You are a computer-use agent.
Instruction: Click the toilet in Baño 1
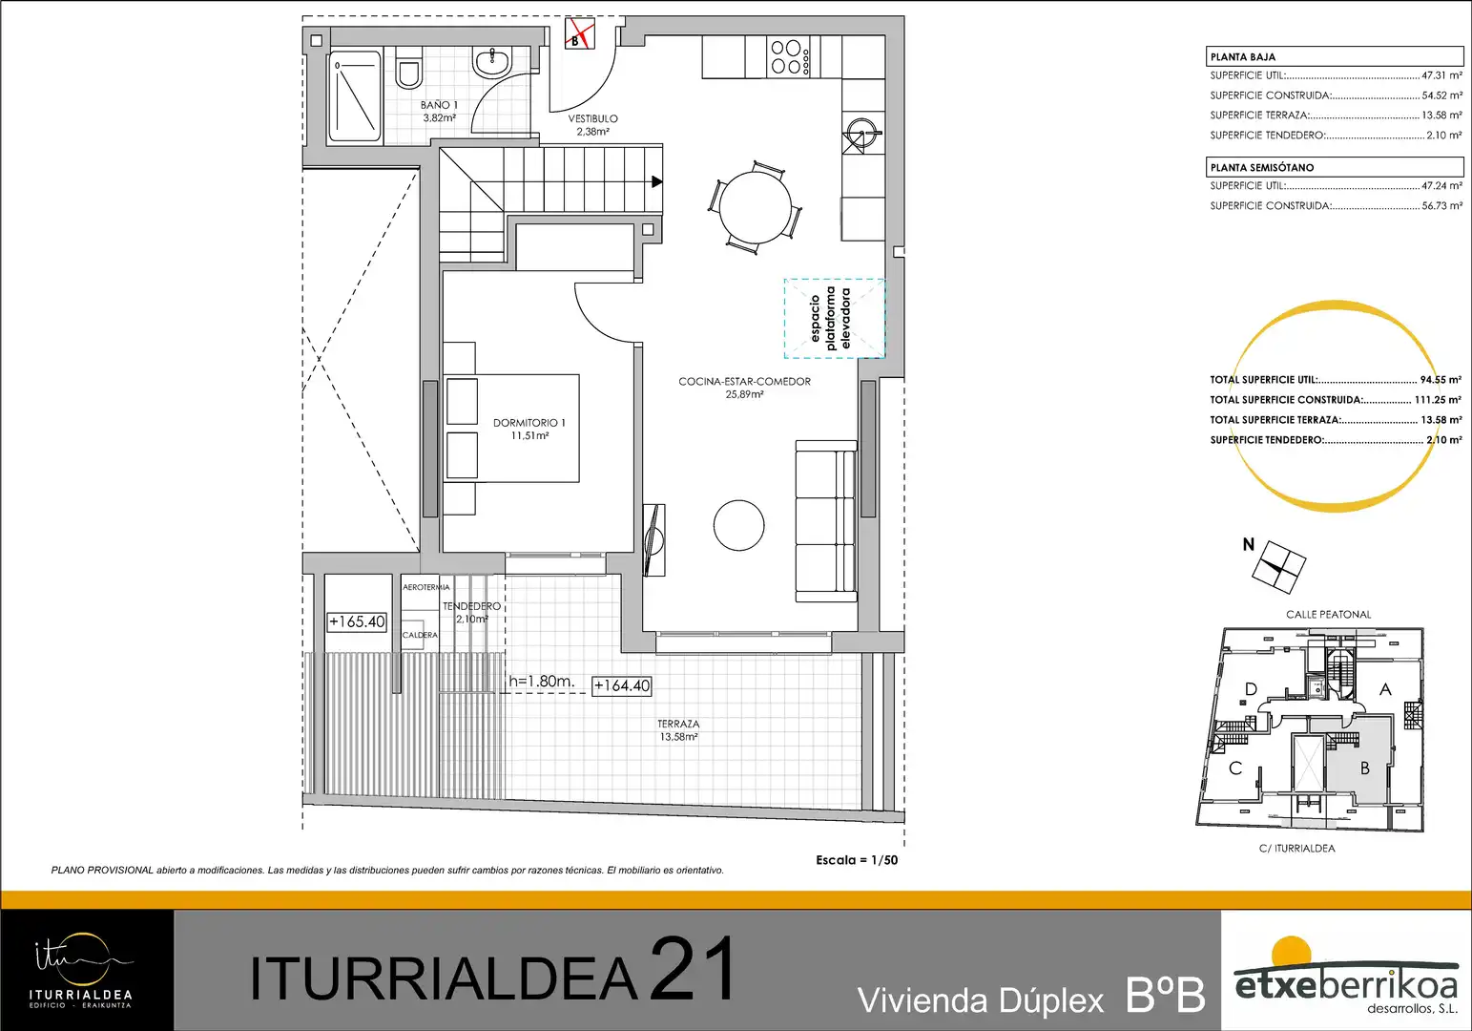tap(408, 69)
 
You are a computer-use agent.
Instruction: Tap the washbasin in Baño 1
tap(491, 62)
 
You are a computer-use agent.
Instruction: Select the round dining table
tap(755, 208)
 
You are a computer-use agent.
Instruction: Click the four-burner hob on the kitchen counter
tap(789, 57)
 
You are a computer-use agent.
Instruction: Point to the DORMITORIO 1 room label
tap(529, 429)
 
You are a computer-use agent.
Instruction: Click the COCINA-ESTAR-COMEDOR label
tap(744, 388)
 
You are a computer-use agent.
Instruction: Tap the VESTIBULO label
tap(592, 125)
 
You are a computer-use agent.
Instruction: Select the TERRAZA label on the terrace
tap(679, 730)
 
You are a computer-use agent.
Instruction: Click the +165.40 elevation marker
tap(357, 622)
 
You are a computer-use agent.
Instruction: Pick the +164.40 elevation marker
tap(622, 685)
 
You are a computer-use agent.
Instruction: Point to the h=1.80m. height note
tap(542, 682)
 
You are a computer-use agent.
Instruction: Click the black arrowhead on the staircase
tap(656, 181)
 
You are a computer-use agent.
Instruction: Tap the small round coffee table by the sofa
tap(738, 525)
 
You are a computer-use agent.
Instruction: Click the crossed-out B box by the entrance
tap(580, 34)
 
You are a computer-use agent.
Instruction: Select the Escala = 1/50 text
tap(857, 860)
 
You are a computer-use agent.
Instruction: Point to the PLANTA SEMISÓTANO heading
tap(1262, 168)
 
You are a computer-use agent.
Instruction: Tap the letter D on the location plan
tap(1252, 689)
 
